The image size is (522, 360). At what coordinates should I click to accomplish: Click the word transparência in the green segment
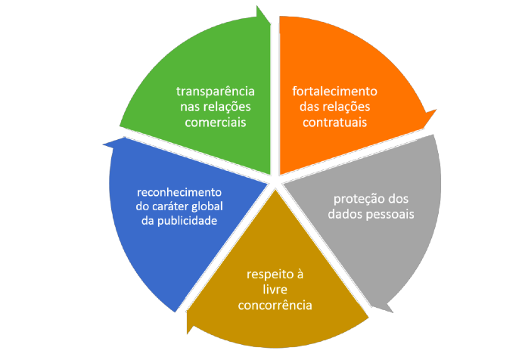(214, 91)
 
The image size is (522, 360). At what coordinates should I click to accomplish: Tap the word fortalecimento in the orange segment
(334, 91)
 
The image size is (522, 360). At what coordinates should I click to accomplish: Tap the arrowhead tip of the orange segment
(437, 111)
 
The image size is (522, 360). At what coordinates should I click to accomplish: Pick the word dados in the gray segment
(345, 214)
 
